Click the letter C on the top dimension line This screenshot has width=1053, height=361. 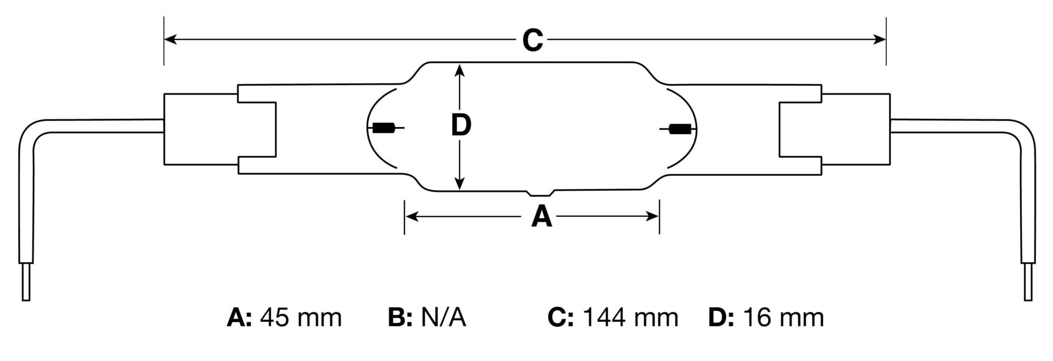point(532,40)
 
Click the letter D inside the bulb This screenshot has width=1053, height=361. point(461,125)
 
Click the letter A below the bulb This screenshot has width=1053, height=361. point(541,217)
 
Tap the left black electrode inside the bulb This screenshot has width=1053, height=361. point(384,129)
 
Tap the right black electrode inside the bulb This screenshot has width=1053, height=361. point(680,129)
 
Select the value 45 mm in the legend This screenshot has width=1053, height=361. point(301,318)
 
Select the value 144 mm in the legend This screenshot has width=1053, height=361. point(630,318)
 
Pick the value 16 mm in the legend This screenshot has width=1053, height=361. point(783,318)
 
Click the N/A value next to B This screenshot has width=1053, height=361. point(443,318)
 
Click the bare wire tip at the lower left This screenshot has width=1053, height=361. point(25,282)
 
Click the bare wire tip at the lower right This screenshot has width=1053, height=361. point(1028,282)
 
